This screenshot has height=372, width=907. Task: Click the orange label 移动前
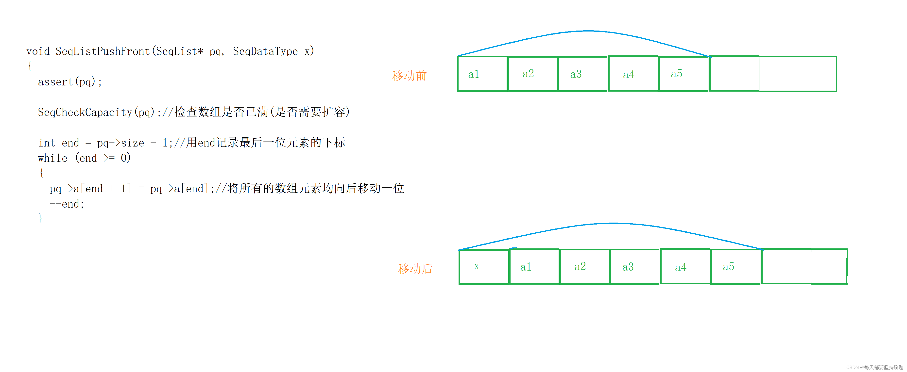(x=409, y=76)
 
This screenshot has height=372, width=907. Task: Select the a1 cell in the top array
(x=482, y=74)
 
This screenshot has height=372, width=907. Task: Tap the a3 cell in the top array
(x=582, y=74)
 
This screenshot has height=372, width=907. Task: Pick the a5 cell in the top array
(x=683, y=74)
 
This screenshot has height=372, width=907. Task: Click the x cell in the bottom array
(x=484, y=267)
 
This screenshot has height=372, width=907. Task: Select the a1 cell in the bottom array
(x=534, y=267)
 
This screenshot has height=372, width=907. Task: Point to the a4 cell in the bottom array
(x=685, y=267)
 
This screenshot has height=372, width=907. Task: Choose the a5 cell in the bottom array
(x=735, y=267)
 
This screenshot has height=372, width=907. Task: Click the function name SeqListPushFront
(x=103, y=51)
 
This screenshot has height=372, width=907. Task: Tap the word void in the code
(x=38, y=51)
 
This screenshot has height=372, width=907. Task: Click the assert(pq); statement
(x=70, y=82)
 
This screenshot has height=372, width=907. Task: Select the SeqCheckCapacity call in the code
(x=85, y=113)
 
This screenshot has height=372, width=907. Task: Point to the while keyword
(x=52, y=158)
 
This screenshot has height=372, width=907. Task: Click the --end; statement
(x=67, y=204)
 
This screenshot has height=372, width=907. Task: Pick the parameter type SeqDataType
(x=265, y=51)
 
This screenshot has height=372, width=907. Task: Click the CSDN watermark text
(x=875, y=367)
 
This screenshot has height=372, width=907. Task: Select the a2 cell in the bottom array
(x=584, y=267)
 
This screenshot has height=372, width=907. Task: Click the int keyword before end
(x=47, y=143)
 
